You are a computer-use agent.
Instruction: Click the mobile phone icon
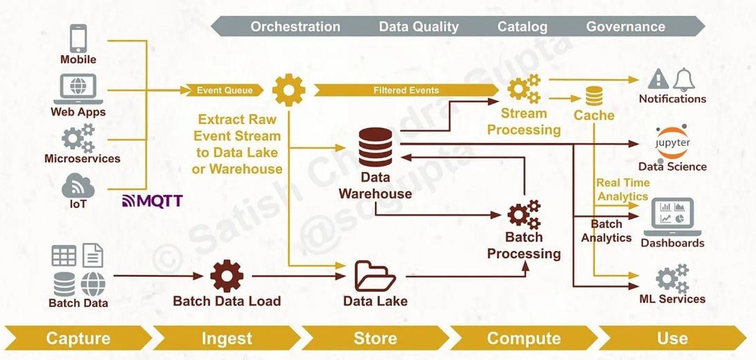(78, 38)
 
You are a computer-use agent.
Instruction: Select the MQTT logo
(152, 201)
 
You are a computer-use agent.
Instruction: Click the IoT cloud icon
(78, 187)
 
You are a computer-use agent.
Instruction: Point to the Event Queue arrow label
(224, 90)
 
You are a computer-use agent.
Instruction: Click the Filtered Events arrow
(406, 90)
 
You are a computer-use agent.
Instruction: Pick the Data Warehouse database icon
(376, 147)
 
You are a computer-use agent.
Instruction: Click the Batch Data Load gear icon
(227, 275)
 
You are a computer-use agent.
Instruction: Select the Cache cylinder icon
(594, 96)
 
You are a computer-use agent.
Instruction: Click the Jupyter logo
(672, 142)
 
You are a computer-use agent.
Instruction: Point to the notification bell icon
(684, 79)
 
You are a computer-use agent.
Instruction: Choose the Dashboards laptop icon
(672, 216)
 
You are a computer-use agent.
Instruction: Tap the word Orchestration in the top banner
(295, 27)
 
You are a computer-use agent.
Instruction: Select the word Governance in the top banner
(625, 27)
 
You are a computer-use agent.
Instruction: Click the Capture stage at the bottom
(78, 338)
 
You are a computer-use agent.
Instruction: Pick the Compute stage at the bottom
(523, 338)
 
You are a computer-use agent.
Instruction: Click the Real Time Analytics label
(623, 189)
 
